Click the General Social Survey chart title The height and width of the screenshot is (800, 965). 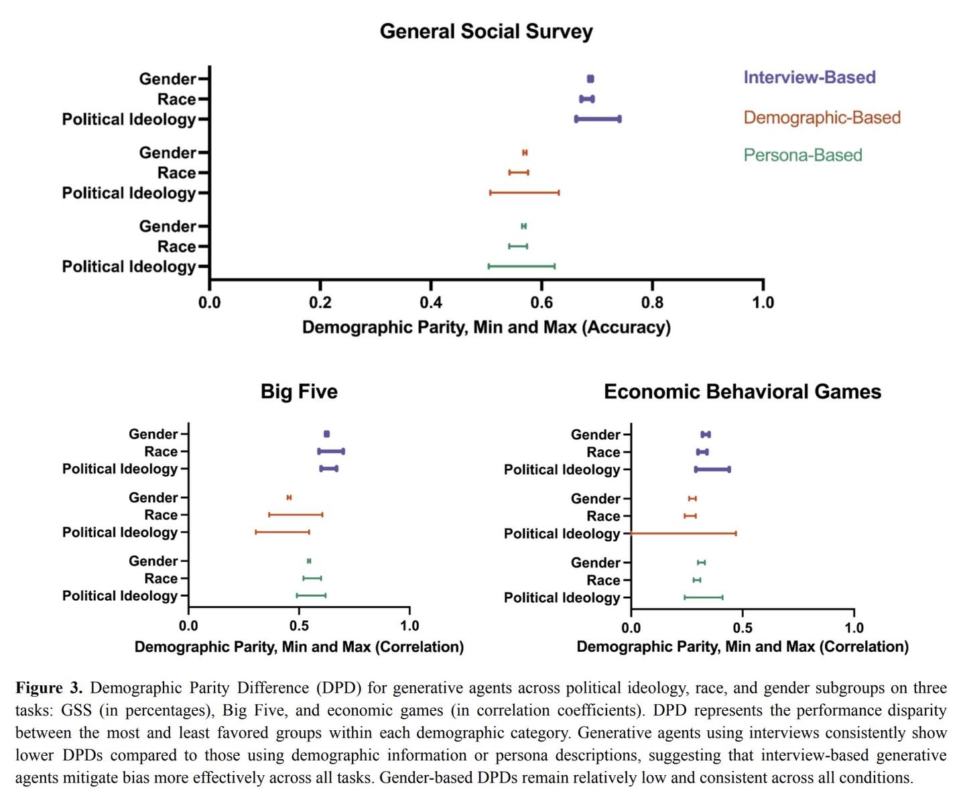click(x=486, y=32)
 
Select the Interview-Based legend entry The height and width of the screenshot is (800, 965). click(x=809, y=77)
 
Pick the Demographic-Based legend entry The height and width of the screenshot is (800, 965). click(x=822, y=117)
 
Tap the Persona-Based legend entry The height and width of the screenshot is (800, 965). click(x=802, y=155)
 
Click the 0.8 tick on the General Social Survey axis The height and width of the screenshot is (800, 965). click(x=652, y=302)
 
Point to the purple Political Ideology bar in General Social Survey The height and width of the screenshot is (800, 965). click(x=598, y=119)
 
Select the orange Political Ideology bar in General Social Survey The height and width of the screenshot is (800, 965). click(x=524, y=193)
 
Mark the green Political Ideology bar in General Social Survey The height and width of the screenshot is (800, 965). click(x=521, y=266)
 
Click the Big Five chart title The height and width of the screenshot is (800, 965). click(x=299, y=392)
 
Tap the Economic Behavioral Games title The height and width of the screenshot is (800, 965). click(x=742, y=392)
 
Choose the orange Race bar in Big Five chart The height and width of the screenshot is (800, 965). click(x=296, y=515)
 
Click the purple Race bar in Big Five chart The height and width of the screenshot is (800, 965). click(x=331, y=451)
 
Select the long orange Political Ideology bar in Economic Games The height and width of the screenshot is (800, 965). click(x=684, y=534)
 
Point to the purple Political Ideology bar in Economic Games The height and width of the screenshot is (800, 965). click(x=712, y=469)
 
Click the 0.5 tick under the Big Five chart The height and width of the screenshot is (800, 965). click(x=300, y=626)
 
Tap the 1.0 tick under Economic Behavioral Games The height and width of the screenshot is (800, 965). click(x=854, y=628)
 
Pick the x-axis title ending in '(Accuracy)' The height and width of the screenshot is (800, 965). click(x=486, y=327)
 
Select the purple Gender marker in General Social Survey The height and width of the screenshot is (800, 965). click(x=590, y=79)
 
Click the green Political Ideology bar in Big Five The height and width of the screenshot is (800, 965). click(x=311, y=595)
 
